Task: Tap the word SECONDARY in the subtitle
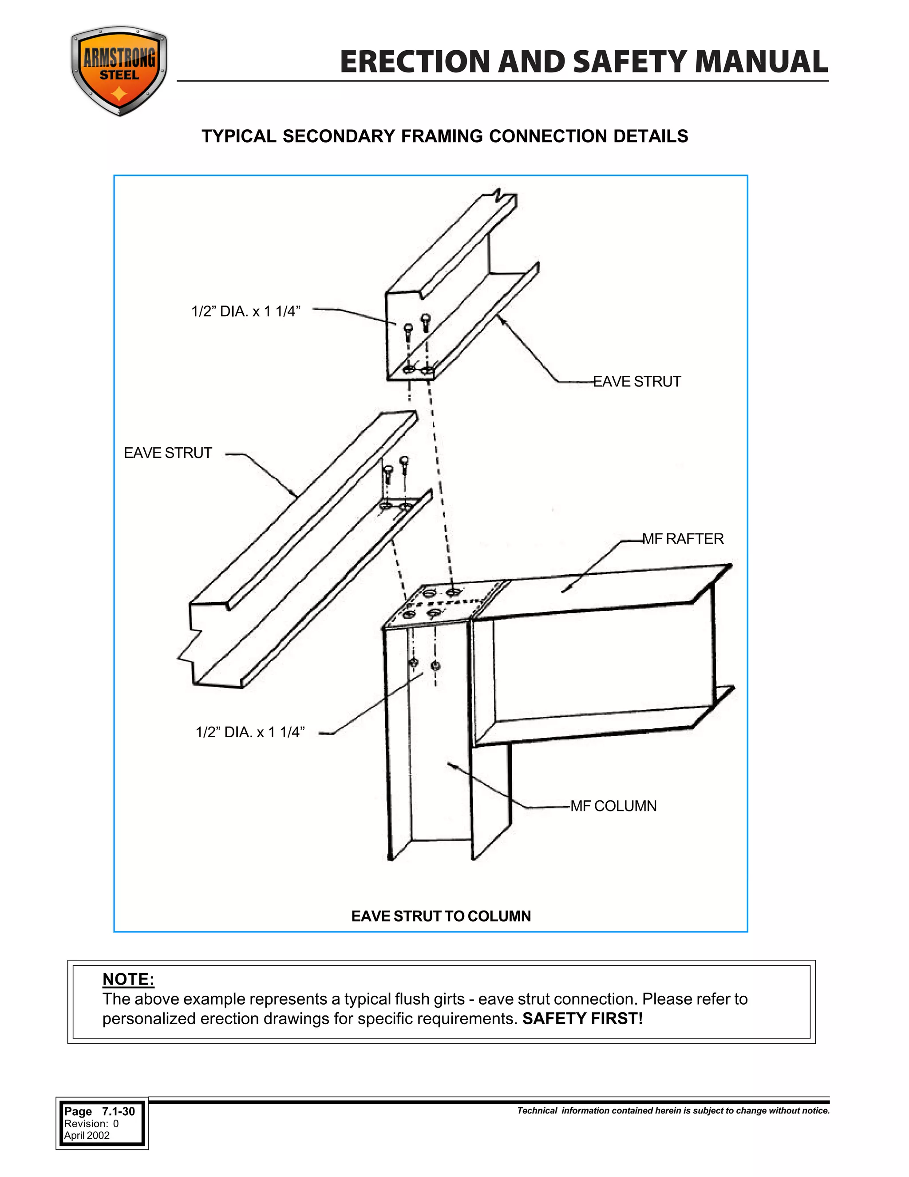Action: [x=339, y=136]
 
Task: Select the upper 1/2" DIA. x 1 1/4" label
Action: [x=245, y=311]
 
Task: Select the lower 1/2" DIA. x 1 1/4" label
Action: [x=250, y=732]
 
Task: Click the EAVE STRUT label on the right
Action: [x=636, y=382]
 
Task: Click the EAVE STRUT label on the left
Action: [x=168, y=453]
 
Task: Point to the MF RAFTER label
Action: [x=683, y=539]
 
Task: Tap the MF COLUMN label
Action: [x=613, y=806]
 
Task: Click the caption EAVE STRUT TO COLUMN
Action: [x=441, y=916]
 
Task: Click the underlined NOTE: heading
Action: [x=128, y=979]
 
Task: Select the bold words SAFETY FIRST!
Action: [x=582, y=1019]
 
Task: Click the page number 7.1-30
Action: [x=118, y=1112]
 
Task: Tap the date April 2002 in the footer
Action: [x=87, y=1136]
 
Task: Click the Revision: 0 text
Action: [x=91, y=1124]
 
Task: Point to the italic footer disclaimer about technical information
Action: [x=673, y=1111]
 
